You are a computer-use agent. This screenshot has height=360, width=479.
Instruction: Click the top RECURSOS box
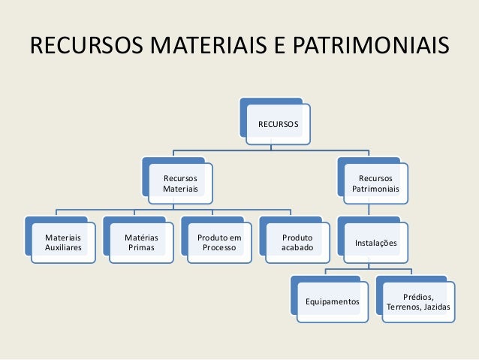click(x=277, y=123)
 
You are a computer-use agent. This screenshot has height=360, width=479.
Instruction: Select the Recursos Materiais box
click(x=180, y=183)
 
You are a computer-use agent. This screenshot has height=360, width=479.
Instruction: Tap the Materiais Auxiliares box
click(x=63, y=242)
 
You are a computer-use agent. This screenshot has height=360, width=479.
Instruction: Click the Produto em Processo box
click(x=219, y=242)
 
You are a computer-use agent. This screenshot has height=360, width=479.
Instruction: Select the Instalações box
click(x=375, y=243)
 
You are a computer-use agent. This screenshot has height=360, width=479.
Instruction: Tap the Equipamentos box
click(x=332, y=301)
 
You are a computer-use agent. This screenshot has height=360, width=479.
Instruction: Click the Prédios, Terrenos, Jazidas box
click(x=417, y=302)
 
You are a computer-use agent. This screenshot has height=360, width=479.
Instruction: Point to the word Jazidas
click(x=438, y=308)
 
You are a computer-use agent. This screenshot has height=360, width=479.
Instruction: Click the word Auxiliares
click(x=63, y=247)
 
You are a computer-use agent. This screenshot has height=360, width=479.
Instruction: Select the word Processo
click(x=219, y=247)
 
